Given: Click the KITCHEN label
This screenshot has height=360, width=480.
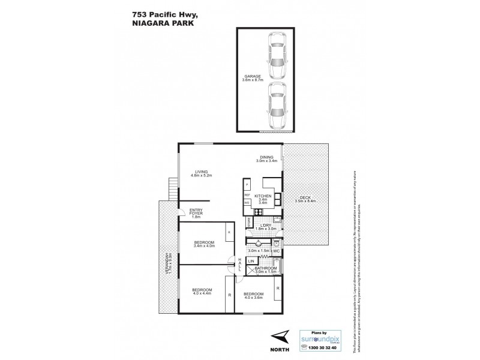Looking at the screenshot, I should pos(263,196).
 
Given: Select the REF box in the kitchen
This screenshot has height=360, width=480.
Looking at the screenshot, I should pos(247,196).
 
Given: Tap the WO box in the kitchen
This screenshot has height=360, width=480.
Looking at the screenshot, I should pos(247,203).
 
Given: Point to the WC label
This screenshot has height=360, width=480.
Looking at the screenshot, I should pos(285,251).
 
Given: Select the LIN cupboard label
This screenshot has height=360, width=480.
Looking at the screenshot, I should pos(251,262).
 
